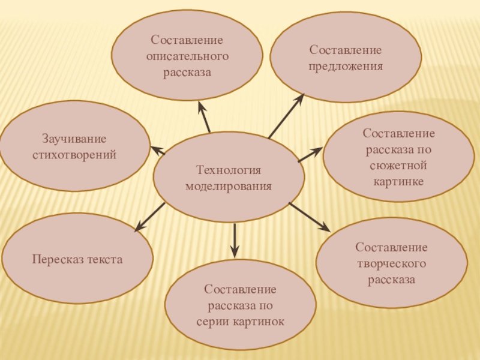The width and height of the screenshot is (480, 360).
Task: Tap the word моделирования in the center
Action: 229,186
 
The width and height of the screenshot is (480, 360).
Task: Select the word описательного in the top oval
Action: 187,56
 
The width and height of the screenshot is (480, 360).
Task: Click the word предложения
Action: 345,65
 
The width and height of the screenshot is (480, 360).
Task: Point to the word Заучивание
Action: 74,139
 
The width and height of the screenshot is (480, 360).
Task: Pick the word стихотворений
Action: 74,155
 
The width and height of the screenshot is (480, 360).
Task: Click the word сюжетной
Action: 398,164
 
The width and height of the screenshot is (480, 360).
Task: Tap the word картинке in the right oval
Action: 398,181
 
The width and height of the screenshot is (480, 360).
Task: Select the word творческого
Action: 391,263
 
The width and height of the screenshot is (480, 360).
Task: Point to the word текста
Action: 103,260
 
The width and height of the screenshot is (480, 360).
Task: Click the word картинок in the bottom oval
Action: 257,322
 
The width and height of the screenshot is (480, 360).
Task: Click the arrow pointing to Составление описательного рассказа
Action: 204,117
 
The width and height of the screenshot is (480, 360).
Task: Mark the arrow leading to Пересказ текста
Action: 149,217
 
